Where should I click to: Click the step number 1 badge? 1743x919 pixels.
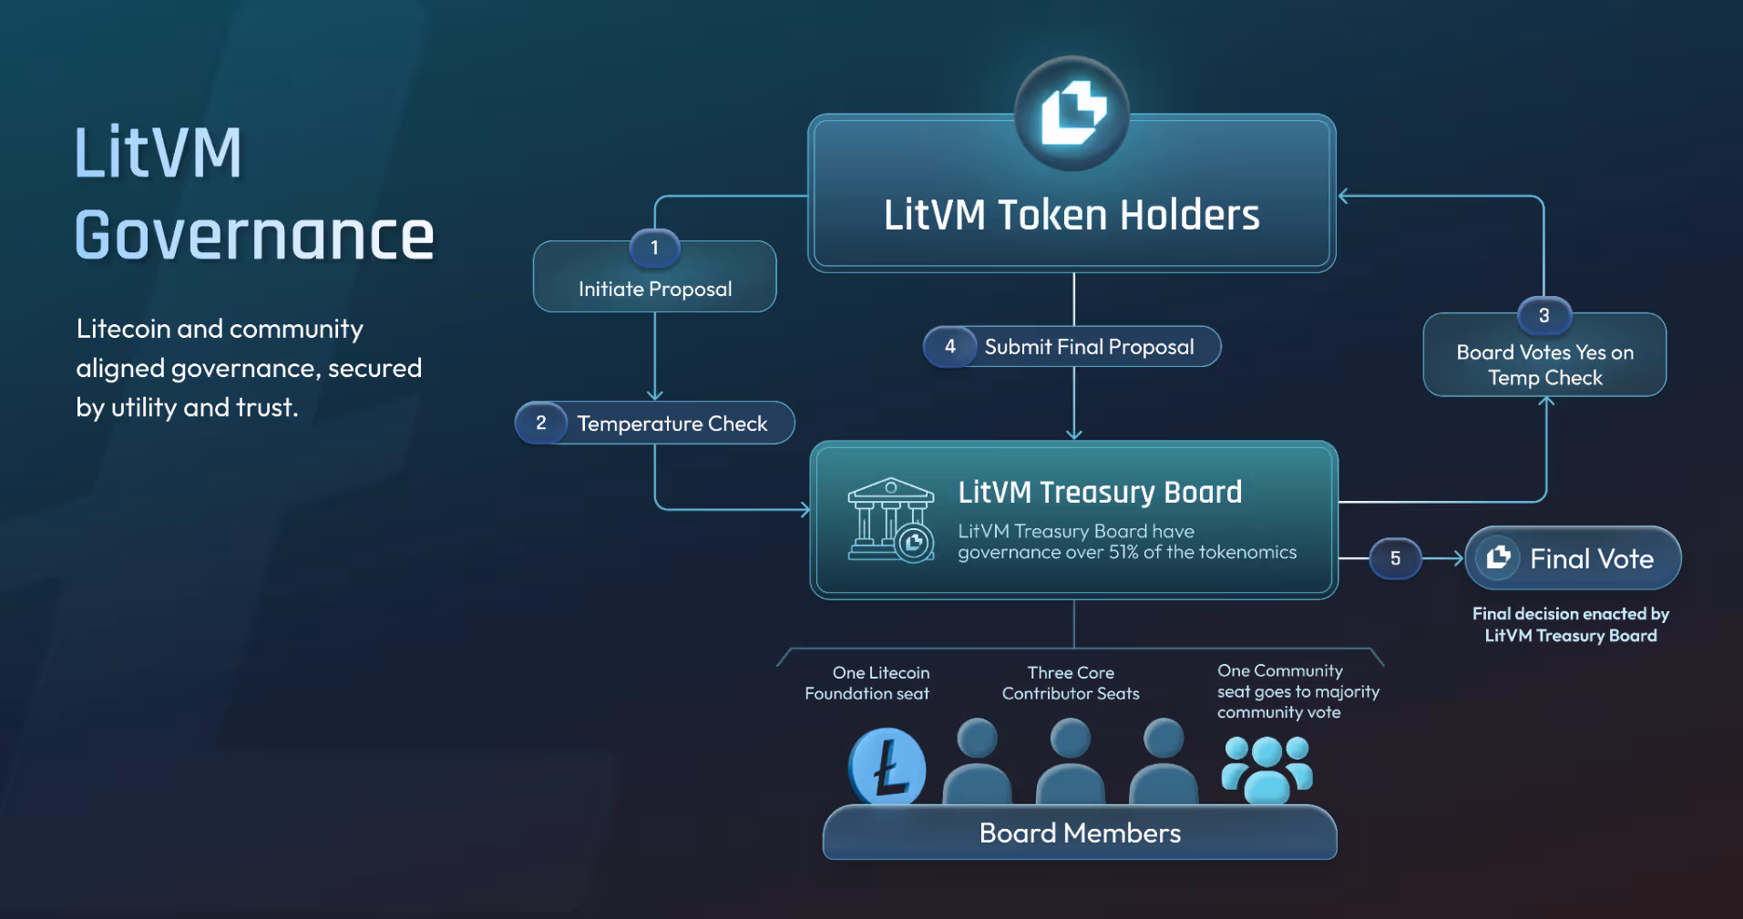point(654,248)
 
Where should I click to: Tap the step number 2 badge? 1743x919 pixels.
point(541,423)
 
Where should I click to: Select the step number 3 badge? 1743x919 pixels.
point(1543,316)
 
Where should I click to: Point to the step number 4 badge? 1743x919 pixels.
point(950,346)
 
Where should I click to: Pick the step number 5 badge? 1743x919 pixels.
point(1395,558)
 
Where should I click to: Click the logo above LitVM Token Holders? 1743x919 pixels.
point(1072,113)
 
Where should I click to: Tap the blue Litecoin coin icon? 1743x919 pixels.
point(887,767)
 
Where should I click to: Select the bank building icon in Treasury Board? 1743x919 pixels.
point(890,519)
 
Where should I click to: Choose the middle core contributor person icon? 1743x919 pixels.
point(1071,761)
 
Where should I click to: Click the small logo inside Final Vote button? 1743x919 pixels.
point(1498,557)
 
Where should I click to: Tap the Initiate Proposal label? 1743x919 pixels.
point(655,290)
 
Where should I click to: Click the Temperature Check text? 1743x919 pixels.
point(672,424)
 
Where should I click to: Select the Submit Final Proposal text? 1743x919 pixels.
point(1089,347)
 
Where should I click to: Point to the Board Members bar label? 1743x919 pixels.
point(1080,832)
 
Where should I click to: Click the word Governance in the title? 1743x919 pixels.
point(254,235)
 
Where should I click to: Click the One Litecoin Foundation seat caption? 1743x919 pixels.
point(867,683)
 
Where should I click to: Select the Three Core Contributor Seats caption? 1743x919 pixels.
point(1071,683)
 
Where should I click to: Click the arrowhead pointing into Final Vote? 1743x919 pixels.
point(1459,558)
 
